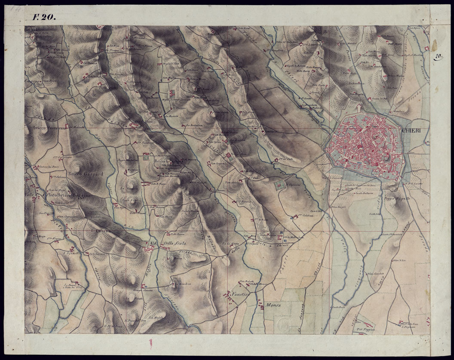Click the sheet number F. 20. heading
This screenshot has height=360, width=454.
43,18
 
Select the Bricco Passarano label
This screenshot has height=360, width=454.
47,128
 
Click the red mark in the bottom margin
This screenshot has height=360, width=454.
150,343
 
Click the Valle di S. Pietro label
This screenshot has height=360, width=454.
41,195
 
